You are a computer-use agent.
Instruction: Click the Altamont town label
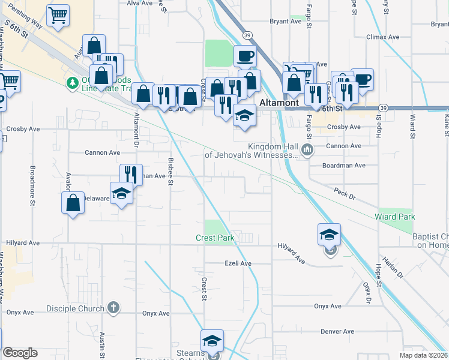[x=279, y=103]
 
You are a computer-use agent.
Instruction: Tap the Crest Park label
[x=214, y=238]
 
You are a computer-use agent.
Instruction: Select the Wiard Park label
[x=394, y=216]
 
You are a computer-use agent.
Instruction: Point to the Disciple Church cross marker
[x=112, y=308]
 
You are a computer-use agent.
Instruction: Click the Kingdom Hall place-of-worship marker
[x=307, y=149]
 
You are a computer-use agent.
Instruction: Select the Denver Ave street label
[x=338, y=331]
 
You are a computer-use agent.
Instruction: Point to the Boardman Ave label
[x=343, y=165]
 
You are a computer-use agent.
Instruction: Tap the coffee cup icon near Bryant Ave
[x=245, y=56]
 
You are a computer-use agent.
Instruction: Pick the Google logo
[x=20, y=353]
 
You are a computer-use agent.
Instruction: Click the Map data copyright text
[x=424, y=355]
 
